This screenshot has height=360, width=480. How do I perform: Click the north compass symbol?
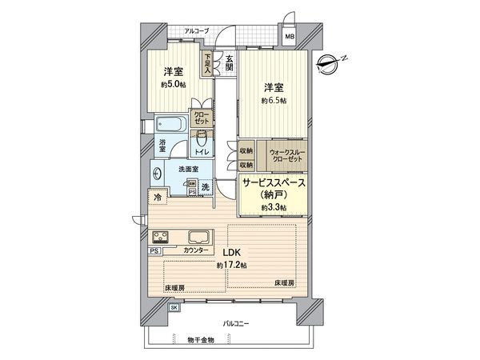click(x=331, y=62)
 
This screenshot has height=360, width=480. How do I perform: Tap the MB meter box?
click(x=290, y=36)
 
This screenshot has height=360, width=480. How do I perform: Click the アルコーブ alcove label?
click(x=196, y=31)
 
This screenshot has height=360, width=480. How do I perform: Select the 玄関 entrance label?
click(x=229, y=62)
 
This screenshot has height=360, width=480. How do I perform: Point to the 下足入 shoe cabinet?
click(x=207, y=63)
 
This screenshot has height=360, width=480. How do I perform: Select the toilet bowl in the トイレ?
click(x=202, y=137)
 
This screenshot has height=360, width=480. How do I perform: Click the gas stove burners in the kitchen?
click(x=161, y=237)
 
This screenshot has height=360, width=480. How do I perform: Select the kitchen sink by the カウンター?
click(x=198, y=237)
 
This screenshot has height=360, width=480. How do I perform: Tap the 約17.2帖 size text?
click(x=232, y=265)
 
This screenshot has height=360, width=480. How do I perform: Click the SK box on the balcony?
click(x=174, y=307)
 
